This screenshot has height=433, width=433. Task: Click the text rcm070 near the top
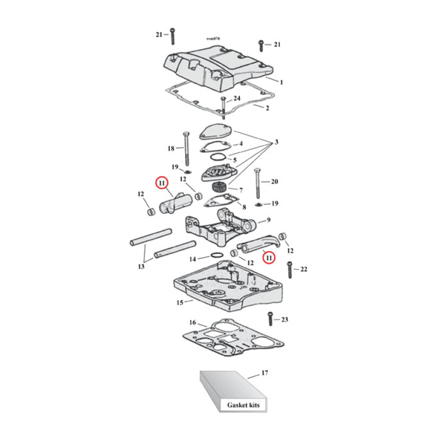coord(213,39)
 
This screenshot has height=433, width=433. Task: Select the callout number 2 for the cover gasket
coord(267,108)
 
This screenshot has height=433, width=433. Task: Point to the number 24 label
coord(237,99)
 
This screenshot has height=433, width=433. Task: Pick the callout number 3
coord(277,142)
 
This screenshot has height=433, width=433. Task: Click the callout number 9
coord(267,221)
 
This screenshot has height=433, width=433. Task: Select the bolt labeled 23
coord(269,320)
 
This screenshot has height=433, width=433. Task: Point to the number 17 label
coord(265,373)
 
